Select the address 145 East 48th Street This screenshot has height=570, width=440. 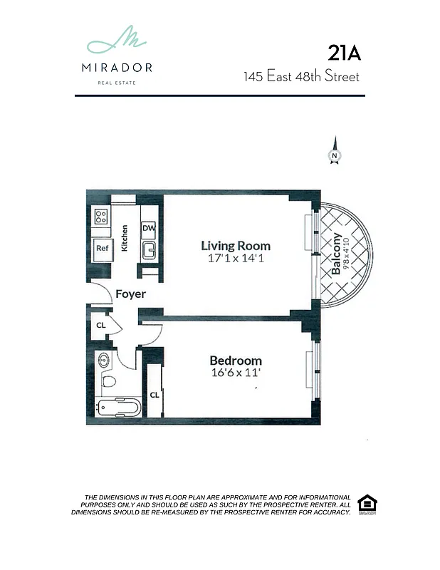(302, 76)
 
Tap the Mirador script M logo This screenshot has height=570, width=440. (118, 42)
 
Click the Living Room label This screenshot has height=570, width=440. (235, 247)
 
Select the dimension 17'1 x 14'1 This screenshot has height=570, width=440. (235, 259)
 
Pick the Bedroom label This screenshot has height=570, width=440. (235, 361)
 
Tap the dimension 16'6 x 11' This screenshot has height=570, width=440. (235, 373)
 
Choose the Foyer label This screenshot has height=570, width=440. (130, 294)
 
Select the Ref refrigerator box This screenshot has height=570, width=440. (101, 249)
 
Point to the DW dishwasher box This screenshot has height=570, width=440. (149, 228)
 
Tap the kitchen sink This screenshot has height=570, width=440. (149, 249)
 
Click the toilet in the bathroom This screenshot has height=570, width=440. (108, 383)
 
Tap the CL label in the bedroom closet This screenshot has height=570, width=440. (153, 395)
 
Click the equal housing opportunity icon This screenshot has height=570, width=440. (366, 503)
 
